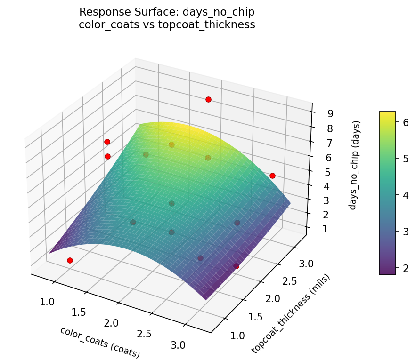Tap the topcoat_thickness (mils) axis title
[291, 313]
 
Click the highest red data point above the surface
[208, 99]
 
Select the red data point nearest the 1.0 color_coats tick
[70, 260]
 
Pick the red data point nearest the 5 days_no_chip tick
[272, 176]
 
